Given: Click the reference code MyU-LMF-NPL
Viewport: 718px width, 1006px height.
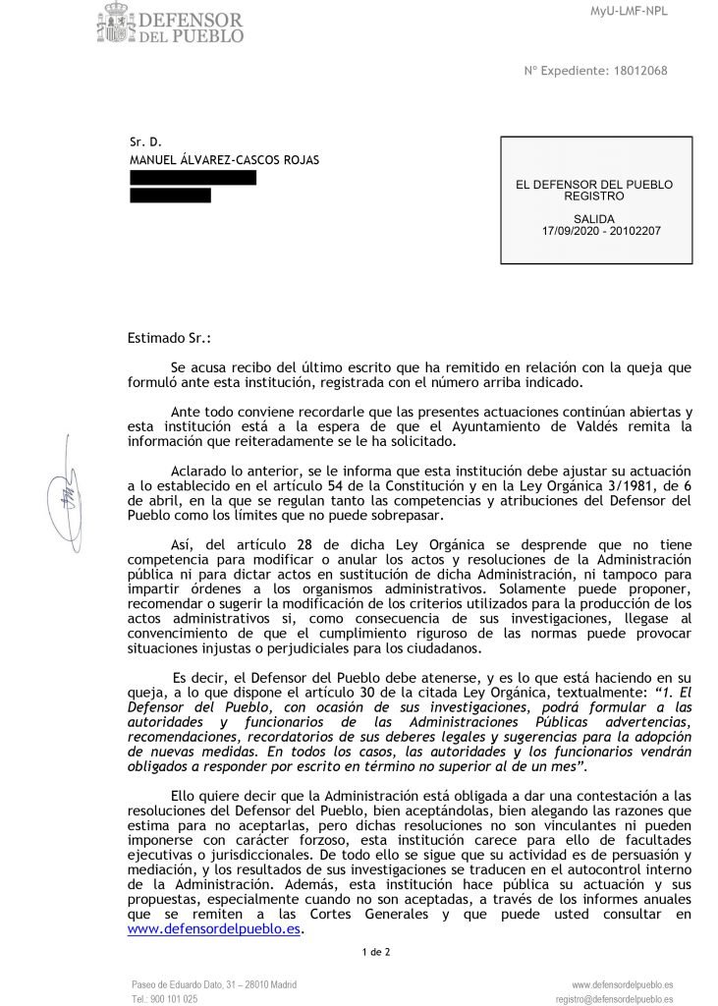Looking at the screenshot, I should (658, 11).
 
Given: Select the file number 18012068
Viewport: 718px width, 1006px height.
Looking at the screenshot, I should (639, 70).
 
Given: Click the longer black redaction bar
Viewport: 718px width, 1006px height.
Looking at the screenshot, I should (193, 178).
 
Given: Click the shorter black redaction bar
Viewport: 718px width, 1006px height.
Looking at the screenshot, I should (170, 196).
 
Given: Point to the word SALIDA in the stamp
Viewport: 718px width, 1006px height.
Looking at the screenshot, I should (593, 218).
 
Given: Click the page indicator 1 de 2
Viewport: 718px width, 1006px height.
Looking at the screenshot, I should (376, 951).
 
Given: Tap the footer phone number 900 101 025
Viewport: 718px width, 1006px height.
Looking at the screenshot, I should (177, 998).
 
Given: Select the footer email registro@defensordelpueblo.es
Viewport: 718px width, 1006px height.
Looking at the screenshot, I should (614, 998).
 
